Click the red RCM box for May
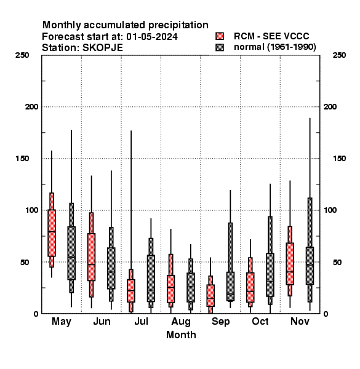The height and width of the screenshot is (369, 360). click(52, 232)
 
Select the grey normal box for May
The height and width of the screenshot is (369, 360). click(71, 253)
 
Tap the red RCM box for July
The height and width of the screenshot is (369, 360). click(131, 291)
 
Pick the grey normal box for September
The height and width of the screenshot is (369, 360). click(230, 286)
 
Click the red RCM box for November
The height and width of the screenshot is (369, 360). click(290, 264)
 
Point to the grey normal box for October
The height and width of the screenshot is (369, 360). click(270, 275)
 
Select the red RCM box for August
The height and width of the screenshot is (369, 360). click(170, 289)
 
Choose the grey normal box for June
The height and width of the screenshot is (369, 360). click(111, 268)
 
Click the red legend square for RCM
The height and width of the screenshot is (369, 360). click(220, 36)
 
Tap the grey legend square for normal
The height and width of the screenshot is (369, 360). click(220, 47)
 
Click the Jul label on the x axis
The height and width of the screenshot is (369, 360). click(141, 321)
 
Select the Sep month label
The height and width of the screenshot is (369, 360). click(220, 322)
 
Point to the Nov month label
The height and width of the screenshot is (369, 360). click(300, 321)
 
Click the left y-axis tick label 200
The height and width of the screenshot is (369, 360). click(31, 106)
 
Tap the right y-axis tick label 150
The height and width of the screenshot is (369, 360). click(339, 159)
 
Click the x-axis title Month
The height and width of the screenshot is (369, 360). click(181, 335)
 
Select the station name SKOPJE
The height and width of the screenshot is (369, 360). click(102, 48)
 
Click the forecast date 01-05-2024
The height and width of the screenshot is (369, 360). click(152, 36)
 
